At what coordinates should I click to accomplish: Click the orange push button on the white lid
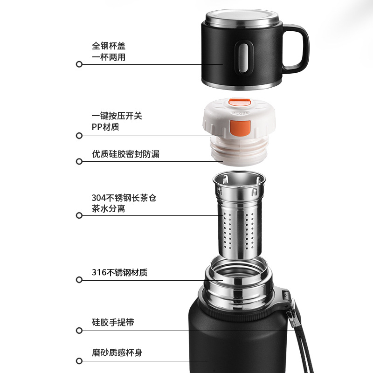(x=240, y=127)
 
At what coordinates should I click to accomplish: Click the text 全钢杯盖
(x=109, y=46)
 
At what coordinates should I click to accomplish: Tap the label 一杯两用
(x=109, y=57)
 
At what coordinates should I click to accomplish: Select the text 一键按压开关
(x=117, y=116)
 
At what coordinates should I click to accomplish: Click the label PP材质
(x=105, y=127)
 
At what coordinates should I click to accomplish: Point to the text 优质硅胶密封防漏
(x=125, y=154)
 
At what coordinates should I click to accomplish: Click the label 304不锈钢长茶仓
(x=124, y=198)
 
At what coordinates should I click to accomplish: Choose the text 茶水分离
(x=109, y=209)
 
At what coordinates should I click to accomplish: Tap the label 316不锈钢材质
(x=120, y=272)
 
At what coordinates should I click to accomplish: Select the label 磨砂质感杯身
(x=117, y=352)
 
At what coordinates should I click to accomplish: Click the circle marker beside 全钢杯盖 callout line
(x=79, y=64)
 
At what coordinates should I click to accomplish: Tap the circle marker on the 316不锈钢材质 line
(x=79, y=280)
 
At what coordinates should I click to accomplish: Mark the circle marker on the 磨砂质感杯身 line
(x=79, y=360)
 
